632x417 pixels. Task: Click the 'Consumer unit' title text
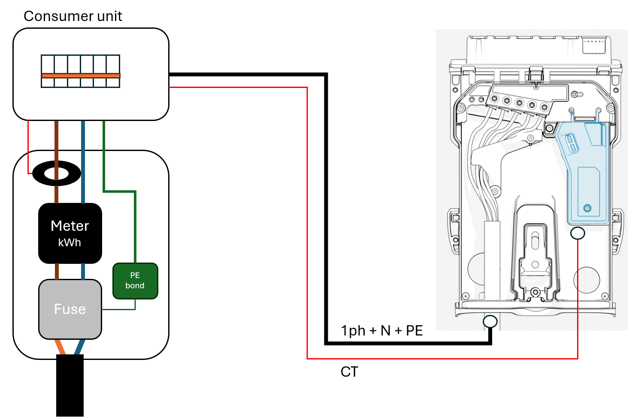click(73, 16)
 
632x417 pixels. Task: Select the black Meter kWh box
click(70, 233)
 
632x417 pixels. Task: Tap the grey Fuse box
click(70, 309)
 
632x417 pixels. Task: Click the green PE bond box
click(135, 281)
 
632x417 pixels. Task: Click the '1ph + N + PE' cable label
click(381, 331)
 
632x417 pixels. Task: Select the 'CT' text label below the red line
click(349, 372)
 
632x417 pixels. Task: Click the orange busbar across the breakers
click(81, 76)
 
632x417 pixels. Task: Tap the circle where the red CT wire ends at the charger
click(578, 233)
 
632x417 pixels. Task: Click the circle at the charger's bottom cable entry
click(490, 321)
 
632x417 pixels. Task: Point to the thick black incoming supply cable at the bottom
click(70, 386)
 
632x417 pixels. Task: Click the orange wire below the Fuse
click(60, 347)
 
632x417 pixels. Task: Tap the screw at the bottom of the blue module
click(587, 208)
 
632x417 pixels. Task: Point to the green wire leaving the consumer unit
click(104, 154)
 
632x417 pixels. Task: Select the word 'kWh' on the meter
click(70, 243)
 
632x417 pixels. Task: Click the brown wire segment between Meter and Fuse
click(57, 271)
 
